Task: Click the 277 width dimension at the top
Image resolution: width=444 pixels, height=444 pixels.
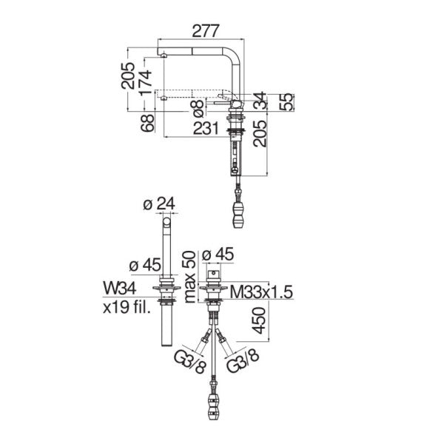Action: tap(206, 31)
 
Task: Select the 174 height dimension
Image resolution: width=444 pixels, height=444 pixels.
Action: tap(146, 83)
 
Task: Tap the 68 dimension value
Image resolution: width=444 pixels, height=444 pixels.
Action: tap(148, 123)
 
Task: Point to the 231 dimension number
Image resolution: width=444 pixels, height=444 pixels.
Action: tap(206, 128)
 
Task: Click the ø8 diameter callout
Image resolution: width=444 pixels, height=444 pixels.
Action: tap(197, 109)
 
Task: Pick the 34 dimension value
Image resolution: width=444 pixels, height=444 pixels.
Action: tap(260, 101)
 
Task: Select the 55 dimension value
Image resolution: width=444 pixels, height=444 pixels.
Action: tap(286, 102)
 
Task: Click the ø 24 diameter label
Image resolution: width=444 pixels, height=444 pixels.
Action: tap(159, 203)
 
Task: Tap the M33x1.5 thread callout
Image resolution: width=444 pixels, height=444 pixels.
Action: tap(261, 292)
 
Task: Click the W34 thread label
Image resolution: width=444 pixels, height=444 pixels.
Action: tap(119, 289)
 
